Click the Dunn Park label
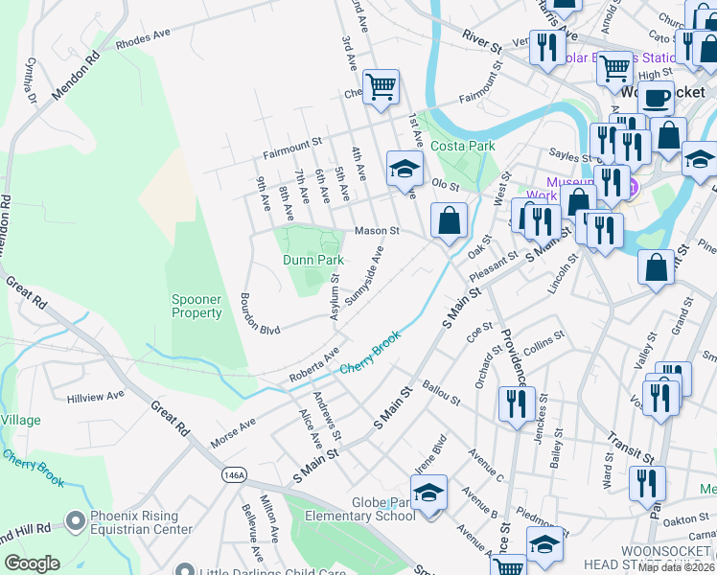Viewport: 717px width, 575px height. (x=307, y=260)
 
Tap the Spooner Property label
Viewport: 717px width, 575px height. (x=197, y=306)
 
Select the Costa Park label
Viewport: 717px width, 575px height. (x=462, y=146)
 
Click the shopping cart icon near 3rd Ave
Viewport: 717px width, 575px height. (x=382, y=88)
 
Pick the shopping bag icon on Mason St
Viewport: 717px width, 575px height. (x=449, y=222)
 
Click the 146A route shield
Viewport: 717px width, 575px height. (x=233, y=474)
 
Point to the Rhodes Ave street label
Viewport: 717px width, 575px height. (x=142, y=37)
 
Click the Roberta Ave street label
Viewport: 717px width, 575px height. (x=315, y=366)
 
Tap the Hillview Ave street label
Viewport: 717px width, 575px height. (x=96, y=395)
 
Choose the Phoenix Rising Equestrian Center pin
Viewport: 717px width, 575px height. (x=76, y=520)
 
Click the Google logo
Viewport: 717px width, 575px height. (x=32, y=563)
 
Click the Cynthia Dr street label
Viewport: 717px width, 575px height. (x=31, y=81)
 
